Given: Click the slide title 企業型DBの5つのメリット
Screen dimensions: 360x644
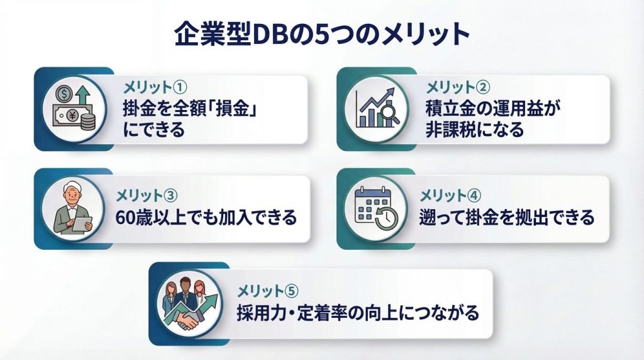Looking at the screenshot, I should pyautogui.click(x=322, y=35).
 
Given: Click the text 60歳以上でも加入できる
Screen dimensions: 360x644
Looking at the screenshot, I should pyautogui.click(x=206, y=218).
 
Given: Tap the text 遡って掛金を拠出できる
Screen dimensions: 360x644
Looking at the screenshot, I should pyautogui.click(x=507, y=218).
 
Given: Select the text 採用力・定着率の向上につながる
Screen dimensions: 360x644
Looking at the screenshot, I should pyautogui.click(x=358, y=312).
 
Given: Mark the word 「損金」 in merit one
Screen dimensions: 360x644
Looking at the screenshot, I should pyautogui.click(x=238, y=108).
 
